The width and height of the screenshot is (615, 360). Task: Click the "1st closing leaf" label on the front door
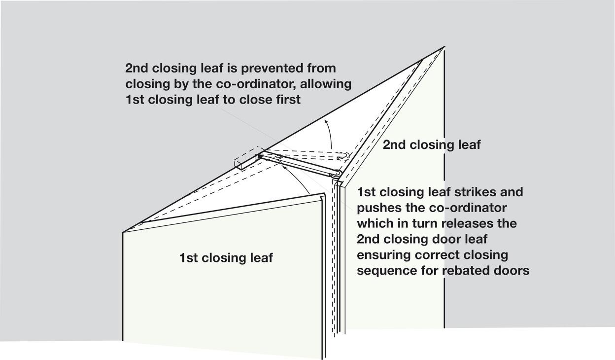(x=226, y=258)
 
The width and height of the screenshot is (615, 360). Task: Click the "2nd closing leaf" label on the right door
(x=432, y=145)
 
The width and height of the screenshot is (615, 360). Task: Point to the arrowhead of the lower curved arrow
(x=285, y=167)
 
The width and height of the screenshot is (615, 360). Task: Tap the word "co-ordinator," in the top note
(x=257, y=84)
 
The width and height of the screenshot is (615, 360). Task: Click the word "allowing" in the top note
(x=326, y=84)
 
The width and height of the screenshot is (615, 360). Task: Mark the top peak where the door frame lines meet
(x=444, y=47)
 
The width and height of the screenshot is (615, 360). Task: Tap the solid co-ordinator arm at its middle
(x=297, y=164)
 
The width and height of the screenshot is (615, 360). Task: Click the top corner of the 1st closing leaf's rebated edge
(x=325, y=194)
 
